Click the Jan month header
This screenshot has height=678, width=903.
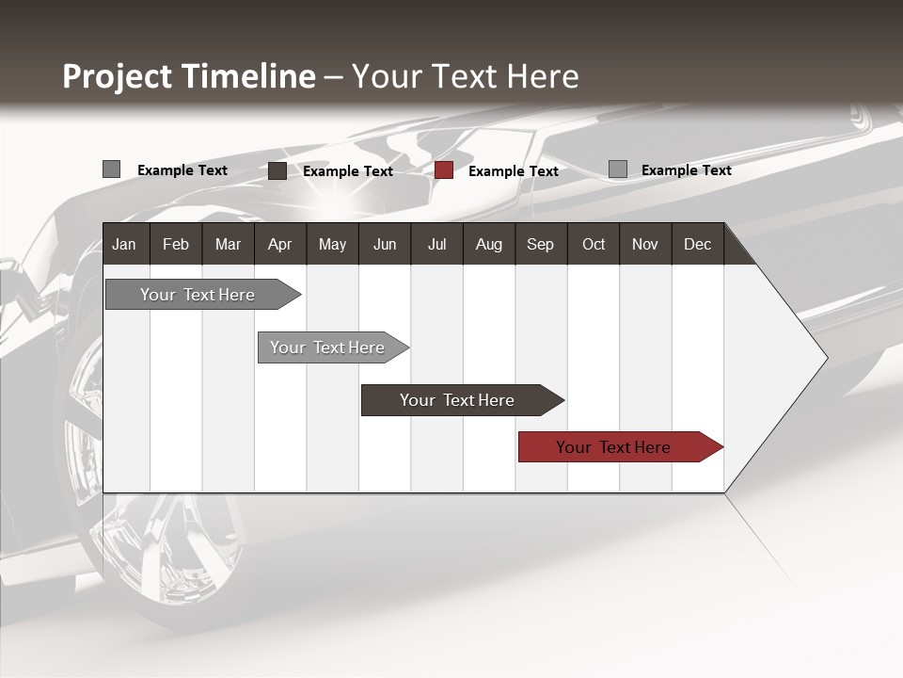coord(124,245)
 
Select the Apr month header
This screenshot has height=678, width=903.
coord(279,245)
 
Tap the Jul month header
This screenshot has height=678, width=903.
coord(436,245)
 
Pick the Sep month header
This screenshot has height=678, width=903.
coord(540,245)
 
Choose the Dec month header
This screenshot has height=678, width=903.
coord(697,245)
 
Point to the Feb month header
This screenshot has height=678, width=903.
coord(176,245)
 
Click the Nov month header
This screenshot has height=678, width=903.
coord(644,245)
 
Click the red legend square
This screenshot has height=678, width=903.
coord(444,170)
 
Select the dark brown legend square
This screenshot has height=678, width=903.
coord(277,170)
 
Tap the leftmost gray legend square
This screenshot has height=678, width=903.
coord(111,169)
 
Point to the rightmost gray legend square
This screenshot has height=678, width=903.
coord(618,169)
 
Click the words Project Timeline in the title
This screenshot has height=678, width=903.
coord(189,76)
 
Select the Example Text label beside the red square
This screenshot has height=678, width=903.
coord(513,171)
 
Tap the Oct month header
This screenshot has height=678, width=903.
coord(594,245)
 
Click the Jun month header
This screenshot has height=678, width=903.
coord(385,245)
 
